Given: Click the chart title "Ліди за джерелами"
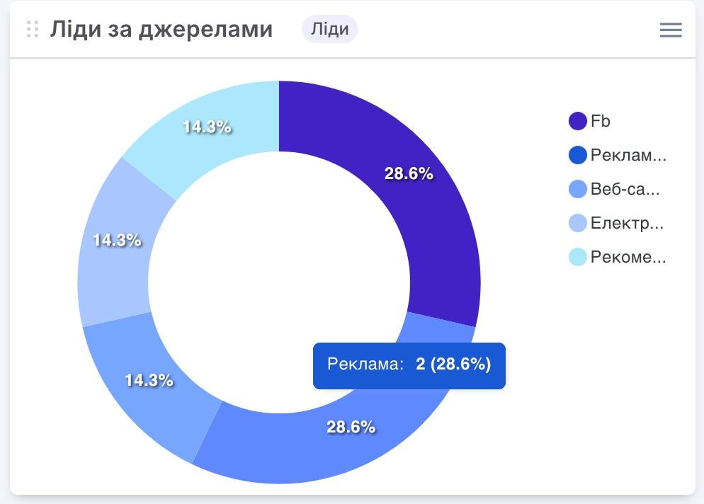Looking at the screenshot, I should click(x=161, y=29).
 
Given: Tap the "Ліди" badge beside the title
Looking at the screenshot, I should click(x=329, y=29).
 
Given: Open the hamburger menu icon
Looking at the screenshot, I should click(x=670, y=30).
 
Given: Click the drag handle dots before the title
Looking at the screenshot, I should click(x=32, y=29).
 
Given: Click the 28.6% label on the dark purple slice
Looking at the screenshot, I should click(x=409, y=173).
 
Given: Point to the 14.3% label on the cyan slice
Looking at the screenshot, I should click(x=207, y=127).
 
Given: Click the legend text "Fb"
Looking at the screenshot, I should click(x=600, y=121).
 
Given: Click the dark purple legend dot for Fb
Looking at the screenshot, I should click(x=578, y=121).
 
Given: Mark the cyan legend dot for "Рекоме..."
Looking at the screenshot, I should click(x=578, y=257).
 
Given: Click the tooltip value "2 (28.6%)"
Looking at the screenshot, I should click(x=453, y=365).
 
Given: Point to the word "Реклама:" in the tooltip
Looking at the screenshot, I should click(x=365, y=365).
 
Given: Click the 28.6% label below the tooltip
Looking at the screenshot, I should click(x=351, y=427).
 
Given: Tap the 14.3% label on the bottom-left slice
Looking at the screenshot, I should click(x=149, y=380).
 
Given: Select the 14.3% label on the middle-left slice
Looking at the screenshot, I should click(x=117, y=240).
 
